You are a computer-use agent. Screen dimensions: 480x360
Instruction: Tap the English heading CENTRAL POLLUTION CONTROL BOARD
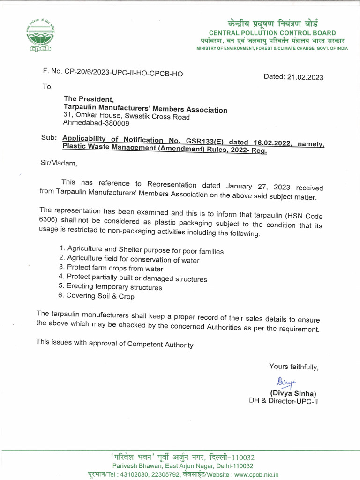coord(272,33)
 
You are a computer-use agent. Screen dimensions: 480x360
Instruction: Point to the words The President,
coord(89,99)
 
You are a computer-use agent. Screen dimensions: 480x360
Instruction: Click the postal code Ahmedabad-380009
coord(96,123)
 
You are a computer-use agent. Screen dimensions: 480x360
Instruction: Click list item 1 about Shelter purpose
coord(141,251)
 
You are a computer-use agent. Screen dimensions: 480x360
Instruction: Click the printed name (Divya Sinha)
coord(293,393)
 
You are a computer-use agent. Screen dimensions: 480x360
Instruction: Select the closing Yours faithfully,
coord(293,366)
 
